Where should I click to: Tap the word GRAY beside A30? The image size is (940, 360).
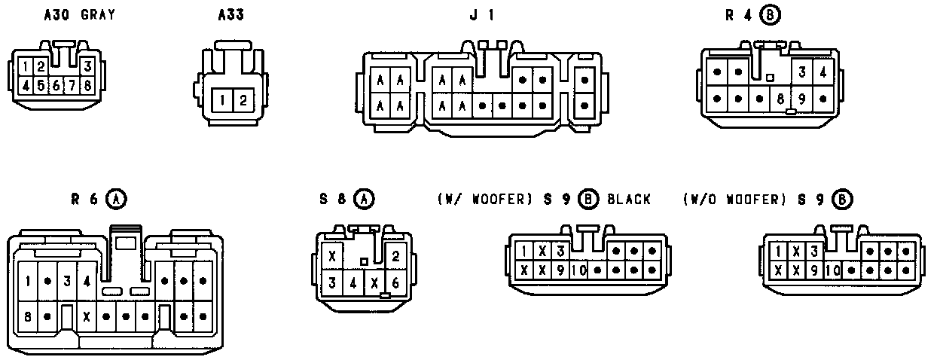tap(98, 14)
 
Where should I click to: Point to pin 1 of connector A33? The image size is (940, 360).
tap(222, 100)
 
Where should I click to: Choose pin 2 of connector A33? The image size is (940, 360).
tap(242, 100)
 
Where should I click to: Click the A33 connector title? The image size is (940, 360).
tap(230, 14)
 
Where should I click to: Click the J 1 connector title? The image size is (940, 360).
tap(482, 14)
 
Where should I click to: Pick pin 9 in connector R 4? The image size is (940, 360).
tap(804, 98)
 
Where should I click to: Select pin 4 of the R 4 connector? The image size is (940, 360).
tap(824, 73)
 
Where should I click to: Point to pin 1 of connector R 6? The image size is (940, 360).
tap(28, 282)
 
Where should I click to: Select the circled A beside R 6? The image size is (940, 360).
tap(116, 200)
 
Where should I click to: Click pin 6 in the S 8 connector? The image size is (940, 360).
tap(395, 283)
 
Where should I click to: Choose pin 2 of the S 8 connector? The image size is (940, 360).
tap(395, 256)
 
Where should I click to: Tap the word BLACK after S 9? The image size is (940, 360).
tap(629, 200)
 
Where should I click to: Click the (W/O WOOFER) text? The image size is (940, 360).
tap(734, 200)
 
